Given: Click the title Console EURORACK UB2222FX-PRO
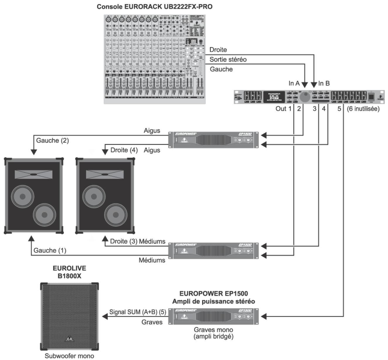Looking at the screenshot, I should click(155, 7).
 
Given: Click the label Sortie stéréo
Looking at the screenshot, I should click(228, 59).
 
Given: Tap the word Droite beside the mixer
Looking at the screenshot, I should click(218, 50).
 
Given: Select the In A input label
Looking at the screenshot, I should click(294, 83).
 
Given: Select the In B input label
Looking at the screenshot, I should click(324, 83).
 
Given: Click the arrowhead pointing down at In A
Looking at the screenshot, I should click(305, 85).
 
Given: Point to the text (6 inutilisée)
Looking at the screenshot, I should click(363, 109).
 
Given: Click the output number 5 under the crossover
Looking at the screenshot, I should click(339, 109).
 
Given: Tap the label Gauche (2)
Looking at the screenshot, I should click(52, 141).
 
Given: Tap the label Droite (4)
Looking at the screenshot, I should click(124, 150).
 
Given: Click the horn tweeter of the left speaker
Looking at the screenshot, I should click(34, 174).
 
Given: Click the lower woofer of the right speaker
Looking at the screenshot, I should click(116, 215).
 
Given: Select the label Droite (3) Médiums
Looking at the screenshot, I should click(138, 242).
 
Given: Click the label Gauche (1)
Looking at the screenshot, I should click(50, 250).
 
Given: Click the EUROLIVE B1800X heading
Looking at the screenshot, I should click(70, 272).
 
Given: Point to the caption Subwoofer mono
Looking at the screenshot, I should click(69, 356).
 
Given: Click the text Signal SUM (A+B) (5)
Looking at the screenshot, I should click(138, 312).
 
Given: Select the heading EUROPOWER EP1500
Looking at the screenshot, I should click(214, 294).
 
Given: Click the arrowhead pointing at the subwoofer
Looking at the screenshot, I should click(104, 316).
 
